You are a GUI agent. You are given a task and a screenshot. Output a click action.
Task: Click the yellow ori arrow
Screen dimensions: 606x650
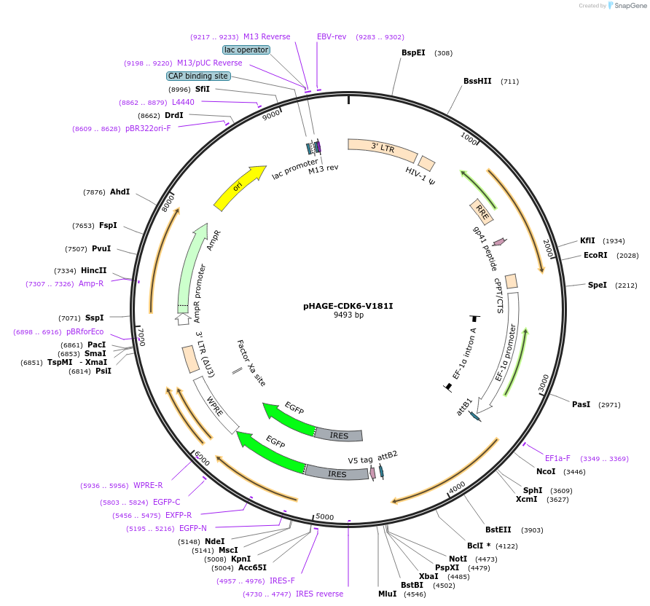tap(240, 187)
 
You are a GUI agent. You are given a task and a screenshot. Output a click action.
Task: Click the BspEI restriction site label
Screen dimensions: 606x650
tap(413, 52)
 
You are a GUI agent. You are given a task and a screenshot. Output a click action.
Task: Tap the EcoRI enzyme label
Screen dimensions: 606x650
tap(595, 255)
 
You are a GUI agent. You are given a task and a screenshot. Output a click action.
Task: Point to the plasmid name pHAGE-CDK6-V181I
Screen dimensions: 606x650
tap(348, 306)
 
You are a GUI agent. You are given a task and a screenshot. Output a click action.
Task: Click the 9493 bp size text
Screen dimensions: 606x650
tap(348, 315)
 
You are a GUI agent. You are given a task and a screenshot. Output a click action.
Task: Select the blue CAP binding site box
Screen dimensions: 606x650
tap(198, 76)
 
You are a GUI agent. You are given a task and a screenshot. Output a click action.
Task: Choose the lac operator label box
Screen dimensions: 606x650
tap(246, 50)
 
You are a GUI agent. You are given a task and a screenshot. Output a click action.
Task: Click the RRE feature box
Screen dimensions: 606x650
tap(482, 211)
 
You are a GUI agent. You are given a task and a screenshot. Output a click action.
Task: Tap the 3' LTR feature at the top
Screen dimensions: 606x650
tap(382, 149)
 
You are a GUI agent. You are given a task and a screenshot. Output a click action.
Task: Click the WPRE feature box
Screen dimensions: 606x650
tap(216, 404)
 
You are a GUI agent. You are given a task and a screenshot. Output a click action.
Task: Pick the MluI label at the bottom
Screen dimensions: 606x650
tap(387, 594)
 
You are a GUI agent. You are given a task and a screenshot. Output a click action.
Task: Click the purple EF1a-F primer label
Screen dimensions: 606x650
tap(557, 458)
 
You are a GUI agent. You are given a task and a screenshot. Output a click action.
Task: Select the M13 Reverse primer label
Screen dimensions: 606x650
tap(267, 36)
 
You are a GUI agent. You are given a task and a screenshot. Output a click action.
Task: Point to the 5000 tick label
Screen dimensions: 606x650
tap(325, 517)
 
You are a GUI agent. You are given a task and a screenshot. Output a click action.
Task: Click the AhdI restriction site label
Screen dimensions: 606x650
tap(120, 192)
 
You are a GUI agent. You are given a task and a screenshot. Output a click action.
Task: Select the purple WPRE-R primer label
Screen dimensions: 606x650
tap(148, 485)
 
